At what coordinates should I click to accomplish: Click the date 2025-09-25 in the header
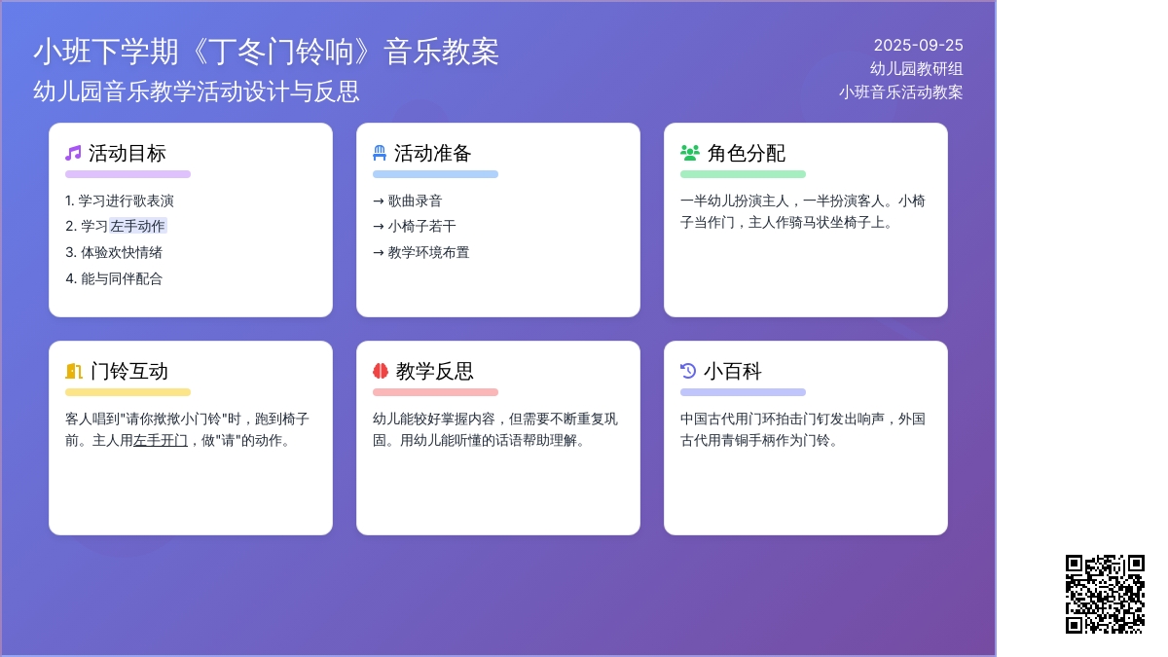click(x=918, y=46)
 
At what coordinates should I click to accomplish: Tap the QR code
click(x=1105, y=594)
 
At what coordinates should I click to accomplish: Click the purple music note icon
click(x=73, y=154)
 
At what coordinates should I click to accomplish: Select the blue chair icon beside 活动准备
click(x=380, y=154)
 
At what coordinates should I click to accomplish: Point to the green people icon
click(x=690, y=153)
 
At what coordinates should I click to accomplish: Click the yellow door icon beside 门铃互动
click(x=74, y=371)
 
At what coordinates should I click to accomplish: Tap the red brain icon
click(x=381, y=371)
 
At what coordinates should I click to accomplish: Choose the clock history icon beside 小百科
click(x=688, y=371)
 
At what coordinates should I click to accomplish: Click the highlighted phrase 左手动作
click(x=138, y=226)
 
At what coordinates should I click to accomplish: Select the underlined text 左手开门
click(x=161, y=441)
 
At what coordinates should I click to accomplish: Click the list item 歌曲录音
click(x=415, y=201)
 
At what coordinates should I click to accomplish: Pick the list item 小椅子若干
click(x=421, y=226)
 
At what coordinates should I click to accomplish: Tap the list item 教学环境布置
click(x=428, y=252)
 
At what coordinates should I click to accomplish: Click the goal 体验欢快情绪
click(x=122, y=252)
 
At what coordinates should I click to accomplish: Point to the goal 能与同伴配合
click(x=122, y=278)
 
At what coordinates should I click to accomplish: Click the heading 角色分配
click(x=747, y=154)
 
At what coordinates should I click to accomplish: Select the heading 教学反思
click(x=434, y=371)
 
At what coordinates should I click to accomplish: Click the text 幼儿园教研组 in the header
click(x=916, y=69)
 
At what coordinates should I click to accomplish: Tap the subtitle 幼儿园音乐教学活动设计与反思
click(x=197, y=91)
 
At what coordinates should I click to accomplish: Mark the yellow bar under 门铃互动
click(x=128, y=392)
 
